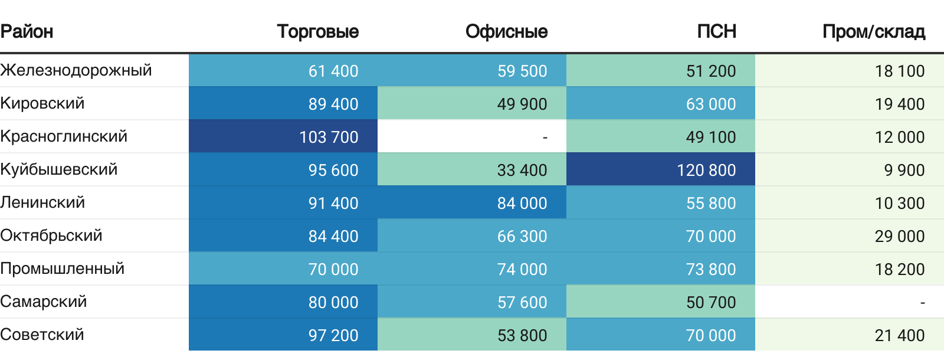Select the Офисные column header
click(x=506, y=31)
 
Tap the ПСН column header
click(x=716, y=31)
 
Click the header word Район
click(x=27, y=31)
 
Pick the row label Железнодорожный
click(x=76, y=70)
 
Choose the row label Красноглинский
click(x=64, y=136)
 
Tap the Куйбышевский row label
click(x=59, y=169)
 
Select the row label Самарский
click(x=44, y=302)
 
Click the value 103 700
click(x=329, y=137)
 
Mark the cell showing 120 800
click(x=706, y=170)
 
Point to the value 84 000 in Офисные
click(x=522, y=203)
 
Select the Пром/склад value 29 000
click(x=900, y=236)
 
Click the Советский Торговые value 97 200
click(x=333, y=335)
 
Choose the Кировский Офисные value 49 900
click(x=522, y=104)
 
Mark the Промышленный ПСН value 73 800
click(x=711, y=269)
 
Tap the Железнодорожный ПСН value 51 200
click(x=711, y=71)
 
